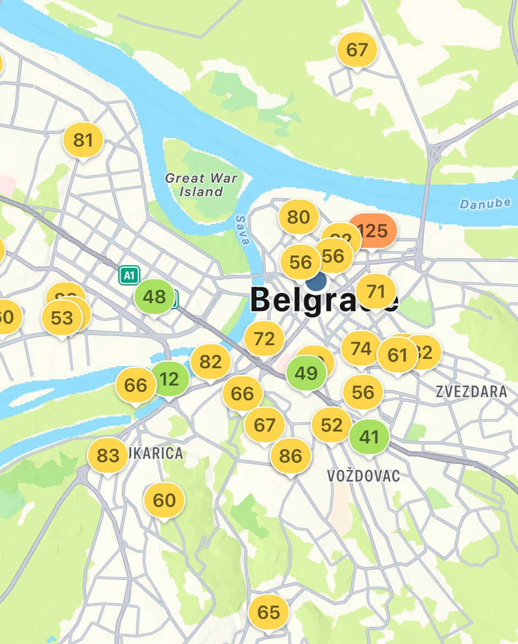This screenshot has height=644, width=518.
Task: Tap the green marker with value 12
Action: pyautogui.click(x=170, y=379)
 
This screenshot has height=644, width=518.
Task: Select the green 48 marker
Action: pyautogui.click(x=154, y=297)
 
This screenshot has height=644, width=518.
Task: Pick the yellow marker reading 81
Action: pyautogui.click(x=83, y=140)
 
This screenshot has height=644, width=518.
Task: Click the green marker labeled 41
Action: pyautogui.click(x=369, y=437)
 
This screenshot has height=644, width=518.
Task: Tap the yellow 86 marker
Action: pyautogui.click(x=290, y=456)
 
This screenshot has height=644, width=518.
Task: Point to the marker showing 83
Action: pyautogui.click(x=108, y=455)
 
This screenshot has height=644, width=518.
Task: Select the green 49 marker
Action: pyautogui.click(x=306, y=373)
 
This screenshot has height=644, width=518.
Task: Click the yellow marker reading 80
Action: pyautogui.click(x=298, y=217)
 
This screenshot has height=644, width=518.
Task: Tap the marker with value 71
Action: pyautogui.click(x=376, y=291)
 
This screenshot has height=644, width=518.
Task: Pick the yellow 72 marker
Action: pyautogui.click(x=264, y=339)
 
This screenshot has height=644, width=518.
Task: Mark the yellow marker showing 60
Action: pyautogui.click(x=164, y=501)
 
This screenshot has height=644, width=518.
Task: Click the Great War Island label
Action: pyautogui.click(x=202, y=185)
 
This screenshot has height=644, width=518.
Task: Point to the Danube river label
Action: pyautogui.click(x=485, y=203)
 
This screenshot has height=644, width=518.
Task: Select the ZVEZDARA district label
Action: pyautogui.click(x=471, y=391)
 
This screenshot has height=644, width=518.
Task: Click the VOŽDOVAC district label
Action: pyautogui.click(x=363, y=475)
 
